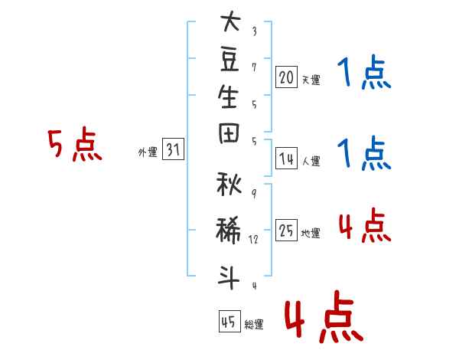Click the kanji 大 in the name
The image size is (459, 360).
(231, 21)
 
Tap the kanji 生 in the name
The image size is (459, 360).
(228, 97)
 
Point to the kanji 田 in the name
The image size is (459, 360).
(229, 133)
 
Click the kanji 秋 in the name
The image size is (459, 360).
(229, 184)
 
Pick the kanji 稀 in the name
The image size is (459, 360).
(229, 230)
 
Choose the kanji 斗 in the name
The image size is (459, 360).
(229, 277)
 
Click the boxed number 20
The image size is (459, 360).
(286, 77)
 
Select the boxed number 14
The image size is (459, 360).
(286, 159)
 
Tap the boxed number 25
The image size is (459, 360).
(286, 230)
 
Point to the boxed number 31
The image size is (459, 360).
(173, 149)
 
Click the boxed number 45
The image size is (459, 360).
(229, 321)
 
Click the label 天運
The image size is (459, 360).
(311, 80)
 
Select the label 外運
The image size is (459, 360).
(148, 152)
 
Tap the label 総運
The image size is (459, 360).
(254, 324)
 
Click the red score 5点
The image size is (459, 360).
(75, 145)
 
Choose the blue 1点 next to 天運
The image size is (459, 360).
(364, 72)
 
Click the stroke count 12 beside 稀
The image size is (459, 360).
(253, 239)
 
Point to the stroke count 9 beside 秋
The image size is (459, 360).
(254, 194)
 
